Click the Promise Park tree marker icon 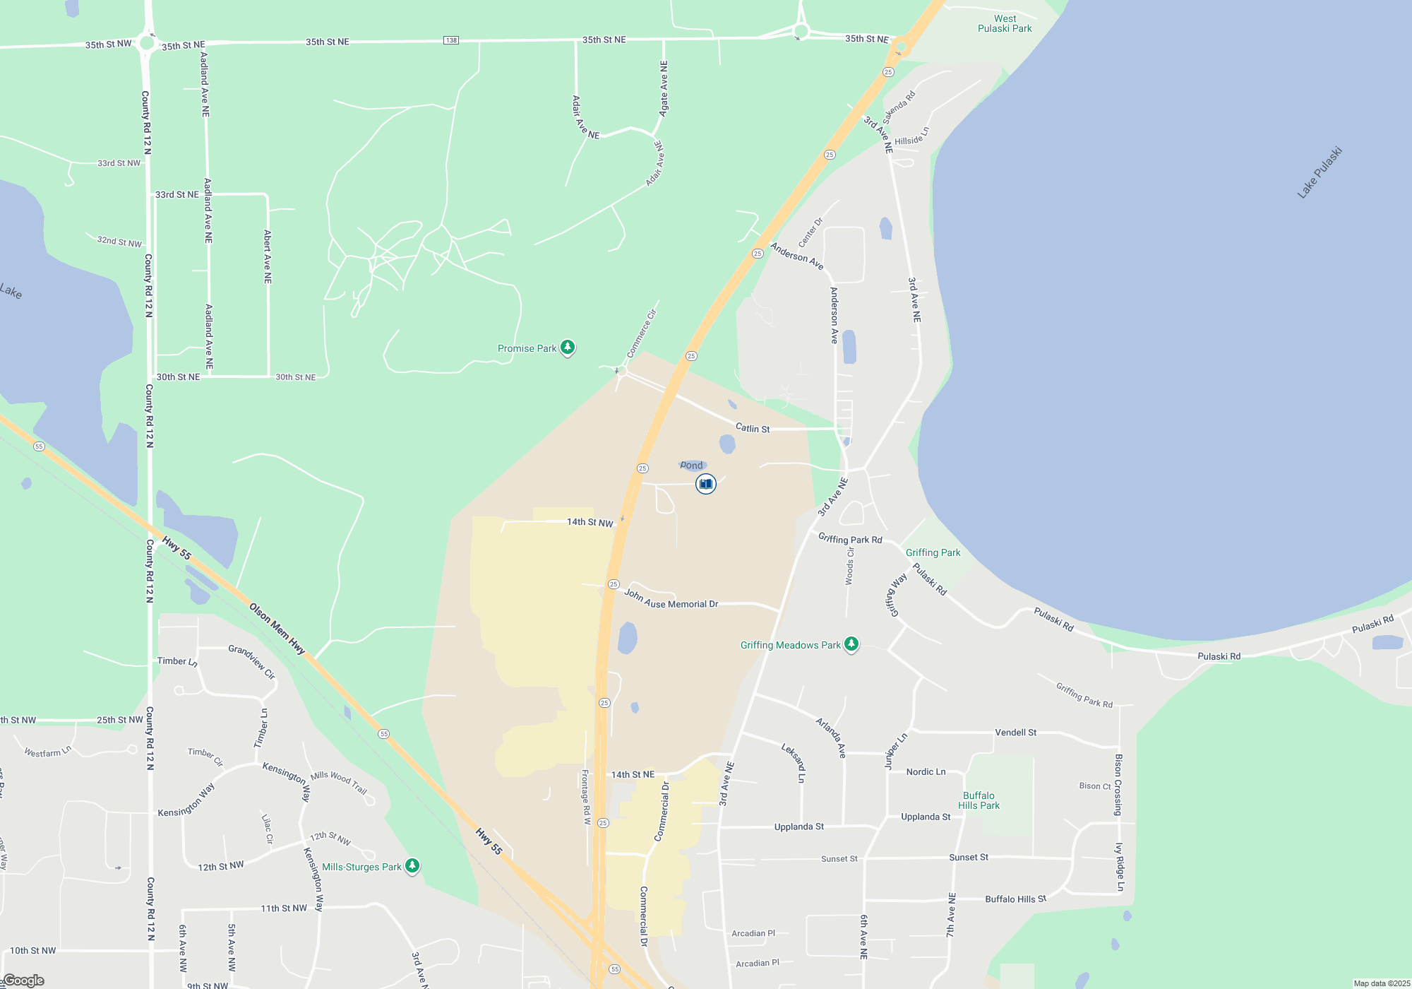tap(568, 348)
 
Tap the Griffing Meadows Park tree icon tap(851, 644)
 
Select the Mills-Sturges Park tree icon tap(412, 866)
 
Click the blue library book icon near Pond tap(705, 484)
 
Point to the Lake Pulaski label tap(1319, 173)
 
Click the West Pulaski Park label tap(1005, 24)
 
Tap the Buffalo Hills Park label tap(979, 800)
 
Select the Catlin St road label tap(753, 428)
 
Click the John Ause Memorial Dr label tap(671, 600)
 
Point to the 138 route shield tap(451, 40)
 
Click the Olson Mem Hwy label tap(277, 629)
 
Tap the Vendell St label tap(1015, 733)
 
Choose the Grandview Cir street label tap(251, 661)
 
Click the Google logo tap(24, 981)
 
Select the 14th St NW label tap(590, 523)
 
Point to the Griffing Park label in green tap(933, 552)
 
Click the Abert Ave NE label tap(268, 256)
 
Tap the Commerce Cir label tap(642, 333)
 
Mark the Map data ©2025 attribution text tap(1381, 983)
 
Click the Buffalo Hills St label tap(1015, 899)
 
